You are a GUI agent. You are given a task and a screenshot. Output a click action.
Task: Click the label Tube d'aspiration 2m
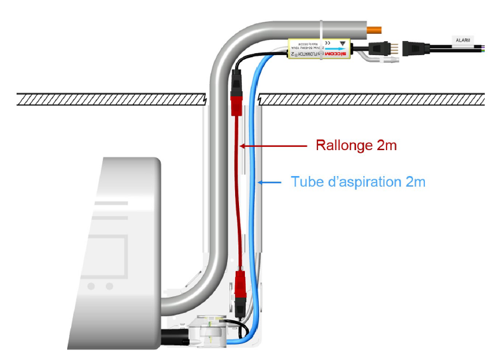coord(358,181)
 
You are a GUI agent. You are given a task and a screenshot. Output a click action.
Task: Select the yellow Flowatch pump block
coord(319,50)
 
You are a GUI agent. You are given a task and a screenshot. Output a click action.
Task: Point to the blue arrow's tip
coord(258,181)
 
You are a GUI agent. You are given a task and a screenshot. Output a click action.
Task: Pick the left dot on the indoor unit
coord(91,286)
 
